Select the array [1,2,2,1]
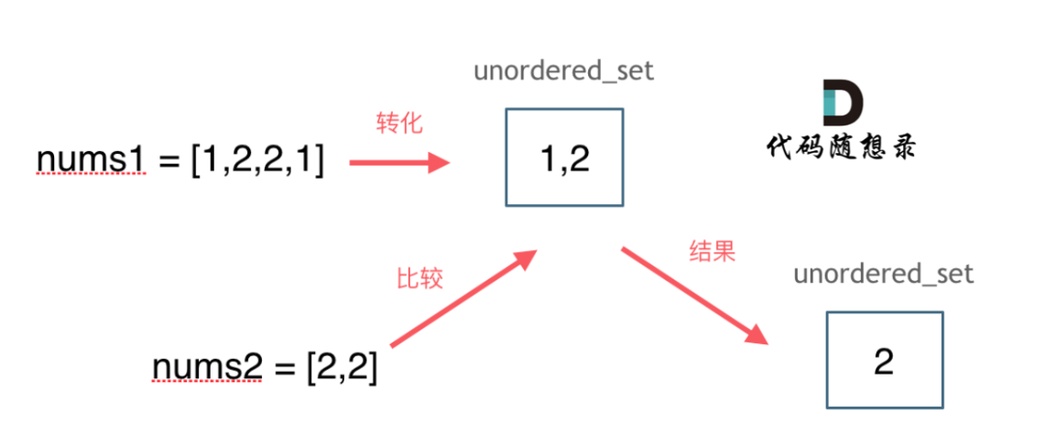pyautogui.click(x=258, y=162)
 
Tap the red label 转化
pyautogui.click(x=399, y=124)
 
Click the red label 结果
pyautogui.click(x=712, y=252)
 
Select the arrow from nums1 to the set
pyautogui.click(x=399, y=162)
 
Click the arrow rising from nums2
pyautogui.click(x=463, y=298)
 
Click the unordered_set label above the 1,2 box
pyautogui.click(x=564, y=71)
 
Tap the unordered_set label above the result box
pyautogui.click(x=884, y=273)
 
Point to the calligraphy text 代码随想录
pyautogui.click(x=841, y=147)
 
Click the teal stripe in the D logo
pyautogui.click(x=830, y=103)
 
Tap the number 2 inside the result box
pyautogui.click(x=884, y=362)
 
